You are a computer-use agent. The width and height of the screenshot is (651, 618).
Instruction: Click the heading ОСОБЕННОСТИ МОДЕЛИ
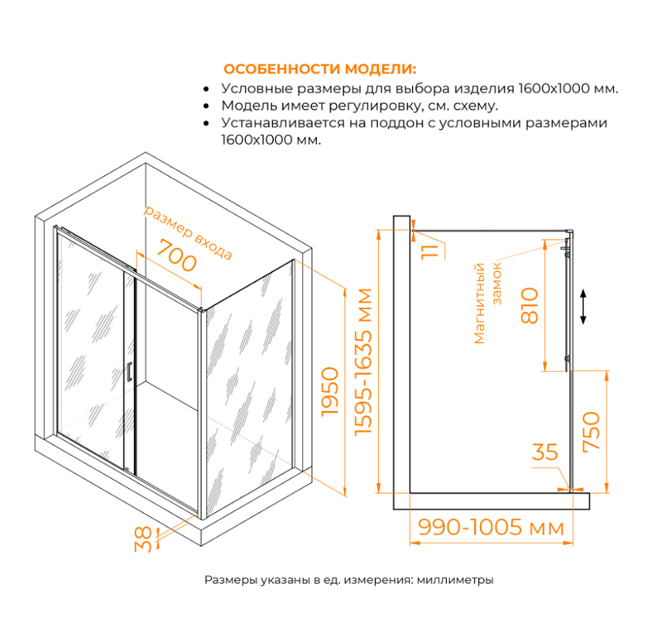pyautogui.click(x=319, y=69)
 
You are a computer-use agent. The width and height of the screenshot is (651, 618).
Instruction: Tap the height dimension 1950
pyautogui.click(x=331, y=392)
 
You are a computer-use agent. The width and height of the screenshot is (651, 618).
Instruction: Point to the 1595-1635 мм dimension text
pyautogui.click(x=363, y=362)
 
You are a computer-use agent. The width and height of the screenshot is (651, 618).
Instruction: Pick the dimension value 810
pyautogui.click(x=530, y=306)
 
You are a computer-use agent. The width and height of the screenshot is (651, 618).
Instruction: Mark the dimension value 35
pyautogui.click(x=545, y=452)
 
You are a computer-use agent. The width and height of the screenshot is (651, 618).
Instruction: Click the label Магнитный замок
pyautogui.click(x=488, y=304)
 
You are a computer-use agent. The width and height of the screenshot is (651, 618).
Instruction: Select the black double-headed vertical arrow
pyautogui.click(x=585, y=307)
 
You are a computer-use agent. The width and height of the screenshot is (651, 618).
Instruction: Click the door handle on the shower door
pyautogui.click(x=130, y=372)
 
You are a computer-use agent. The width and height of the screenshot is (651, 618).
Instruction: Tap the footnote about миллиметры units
pyautogui.click(x=349, y=579)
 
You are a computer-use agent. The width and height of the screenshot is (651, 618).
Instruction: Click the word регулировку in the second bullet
pyautogui.click(x=374, y=106)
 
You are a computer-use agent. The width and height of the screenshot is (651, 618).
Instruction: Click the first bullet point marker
pyautogui.click(x=206, y=89)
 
